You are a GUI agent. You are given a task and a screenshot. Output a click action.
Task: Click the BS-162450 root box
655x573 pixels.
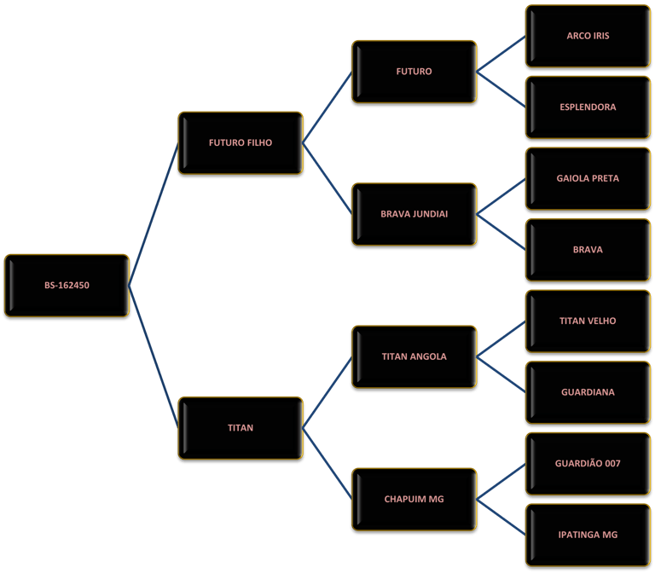click(x=67, y=286)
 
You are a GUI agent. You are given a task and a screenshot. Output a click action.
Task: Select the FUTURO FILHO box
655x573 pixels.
click(x=241, y=143)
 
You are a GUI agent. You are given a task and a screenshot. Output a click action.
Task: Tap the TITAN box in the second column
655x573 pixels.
click(x=241, y=428)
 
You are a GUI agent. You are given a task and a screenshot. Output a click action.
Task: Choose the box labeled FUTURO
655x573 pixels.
click(x=414, y=72)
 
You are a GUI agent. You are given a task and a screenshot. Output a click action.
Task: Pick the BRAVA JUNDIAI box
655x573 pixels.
click(x=414, y=214)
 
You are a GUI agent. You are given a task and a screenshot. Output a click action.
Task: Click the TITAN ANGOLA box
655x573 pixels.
click(x=414, y=356)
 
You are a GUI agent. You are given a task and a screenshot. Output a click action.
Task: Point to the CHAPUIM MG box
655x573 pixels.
click(x=414, y=500)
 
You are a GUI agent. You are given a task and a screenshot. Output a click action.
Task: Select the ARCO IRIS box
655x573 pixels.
click(x=588, y=36)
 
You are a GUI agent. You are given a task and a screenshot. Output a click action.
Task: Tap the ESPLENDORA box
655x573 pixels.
click(x=588, y=107)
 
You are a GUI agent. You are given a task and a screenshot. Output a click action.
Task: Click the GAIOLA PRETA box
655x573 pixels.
click(x=588, y=179)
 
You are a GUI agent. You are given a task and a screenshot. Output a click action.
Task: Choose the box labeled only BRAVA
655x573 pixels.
click(x=588, y=250)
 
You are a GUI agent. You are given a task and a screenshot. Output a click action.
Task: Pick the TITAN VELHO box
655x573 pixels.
click(x=588, y=321)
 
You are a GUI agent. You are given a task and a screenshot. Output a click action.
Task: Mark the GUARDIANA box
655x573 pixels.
click(x=588, y=392)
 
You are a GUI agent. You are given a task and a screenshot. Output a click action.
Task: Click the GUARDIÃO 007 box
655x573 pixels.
click(x=588, y=464)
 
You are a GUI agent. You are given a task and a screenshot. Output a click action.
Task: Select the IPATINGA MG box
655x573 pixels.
click(x=588, y=535)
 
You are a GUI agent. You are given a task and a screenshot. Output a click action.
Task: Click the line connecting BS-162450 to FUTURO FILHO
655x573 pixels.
click(x=154, y=214)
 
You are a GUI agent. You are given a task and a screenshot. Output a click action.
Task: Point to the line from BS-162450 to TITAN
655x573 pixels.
click(x=154, y=357)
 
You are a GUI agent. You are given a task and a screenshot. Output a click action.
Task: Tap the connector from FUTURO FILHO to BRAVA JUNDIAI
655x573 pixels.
click(x=327, y=179)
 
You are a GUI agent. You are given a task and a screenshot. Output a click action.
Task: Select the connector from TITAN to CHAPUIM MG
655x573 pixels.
click(x=327, y=464)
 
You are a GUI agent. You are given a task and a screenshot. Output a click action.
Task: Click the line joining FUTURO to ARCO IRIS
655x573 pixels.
click(x=501, y=54)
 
